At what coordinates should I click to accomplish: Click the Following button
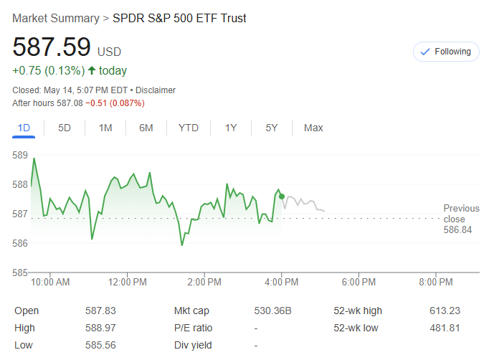(446, 52)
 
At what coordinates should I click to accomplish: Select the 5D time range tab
(65, 128)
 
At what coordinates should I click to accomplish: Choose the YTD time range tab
(189, 128)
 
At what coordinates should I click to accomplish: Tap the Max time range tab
(313, 128)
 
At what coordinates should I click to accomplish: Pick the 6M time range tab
(146, 128)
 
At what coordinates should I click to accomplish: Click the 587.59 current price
(52, 47)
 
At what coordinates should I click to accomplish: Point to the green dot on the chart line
(282, 196)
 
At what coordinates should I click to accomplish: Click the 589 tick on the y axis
(20, 155)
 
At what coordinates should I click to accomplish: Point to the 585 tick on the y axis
(20, 272)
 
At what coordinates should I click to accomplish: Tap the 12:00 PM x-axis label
(128, 283)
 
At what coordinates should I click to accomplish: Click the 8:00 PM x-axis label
(436, 283)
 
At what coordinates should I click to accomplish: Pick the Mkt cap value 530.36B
(272, 311)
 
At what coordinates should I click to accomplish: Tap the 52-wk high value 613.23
(445, 311)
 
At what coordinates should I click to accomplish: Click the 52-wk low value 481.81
(445, 328)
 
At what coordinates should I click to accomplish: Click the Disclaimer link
(156, 90)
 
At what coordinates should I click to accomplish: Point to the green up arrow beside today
(92, 70)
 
